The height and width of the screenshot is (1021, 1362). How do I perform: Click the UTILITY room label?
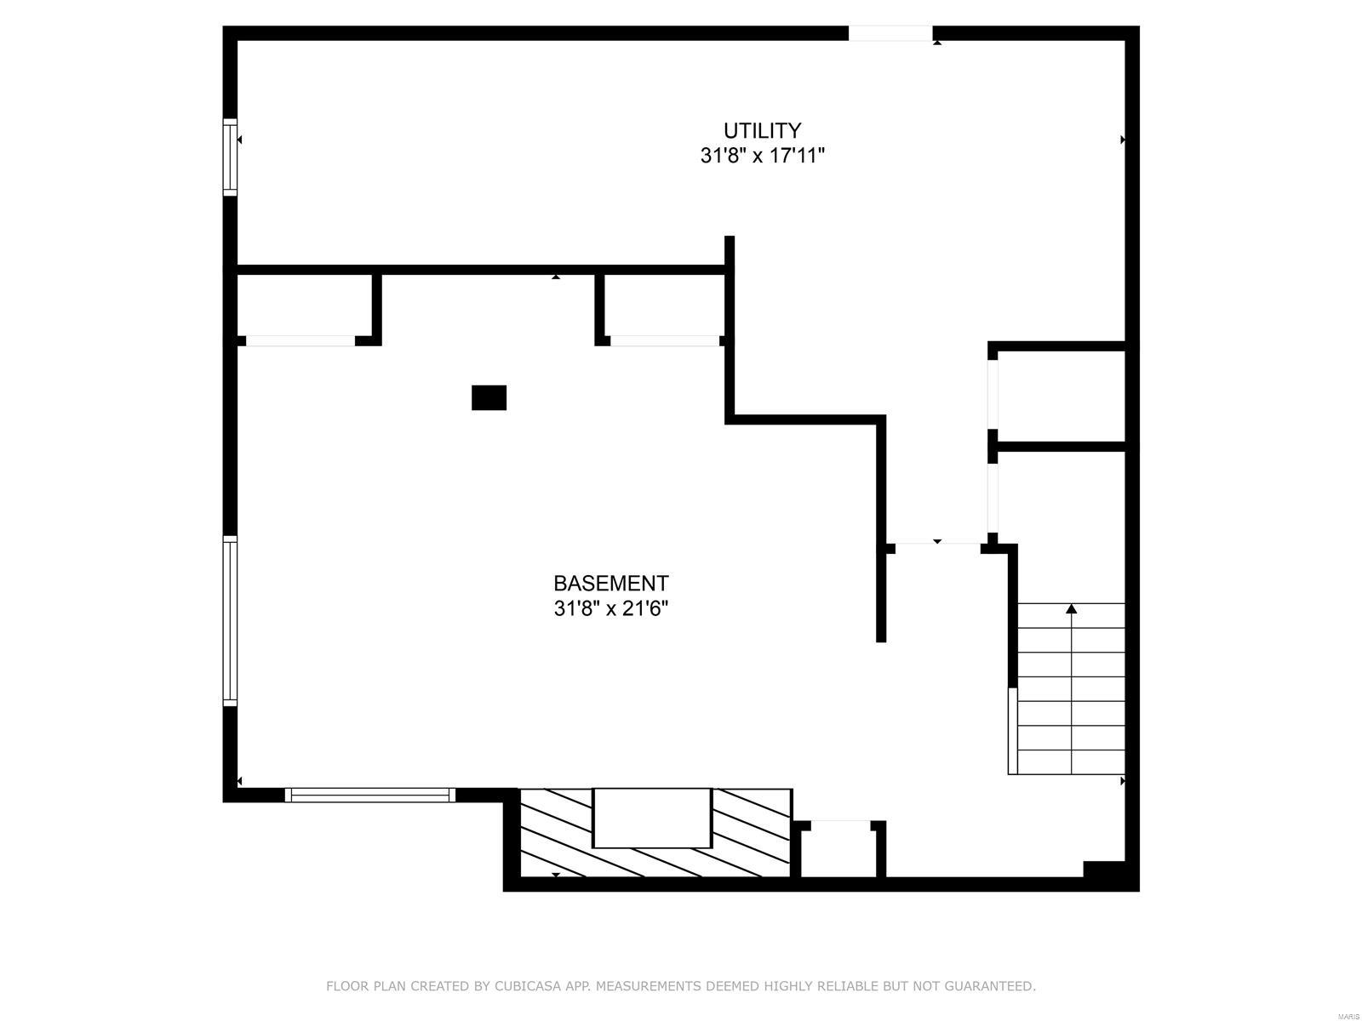(x=762, y=130)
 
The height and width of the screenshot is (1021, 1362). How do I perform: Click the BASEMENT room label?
(x=610, y=584)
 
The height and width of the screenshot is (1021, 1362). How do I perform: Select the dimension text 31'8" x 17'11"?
(x=762, y=156)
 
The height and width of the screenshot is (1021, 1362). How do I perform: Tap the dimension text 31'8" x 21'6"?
(x=610, y=609)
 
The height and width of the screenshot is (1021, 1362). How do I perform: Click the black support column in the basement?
(x=489, y=397)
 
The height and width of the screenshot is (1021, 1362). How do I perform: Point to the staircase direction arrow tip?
(x=1071, y=607)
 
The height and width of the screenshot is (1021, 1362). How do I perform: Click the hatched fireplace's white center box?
(x=651, y=818)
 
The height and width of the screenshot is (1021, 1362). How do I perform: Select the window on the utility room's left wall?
(x=230, y=157)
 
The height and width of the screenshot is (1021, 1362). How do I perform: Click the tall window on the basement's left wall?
(x=230, y=620)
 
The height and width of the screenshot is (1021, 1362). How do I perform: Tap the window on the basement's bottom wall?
(x=369, y=795)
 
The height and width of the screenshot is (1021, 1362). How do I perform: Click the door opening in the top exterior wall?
(x=890, y=33)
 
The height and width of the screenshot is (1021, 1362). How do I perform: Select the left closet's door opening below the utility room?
(x=300, y=340)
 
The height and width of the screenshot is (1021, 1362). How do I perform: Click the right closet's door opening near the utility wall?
(x=664, y=340)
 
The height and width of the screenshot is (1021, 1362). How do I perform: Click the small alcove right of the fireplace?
(x=838, y=851)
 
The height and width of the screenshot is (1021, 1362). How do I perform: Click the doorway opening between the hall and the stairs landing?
(x=937, y=545)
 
